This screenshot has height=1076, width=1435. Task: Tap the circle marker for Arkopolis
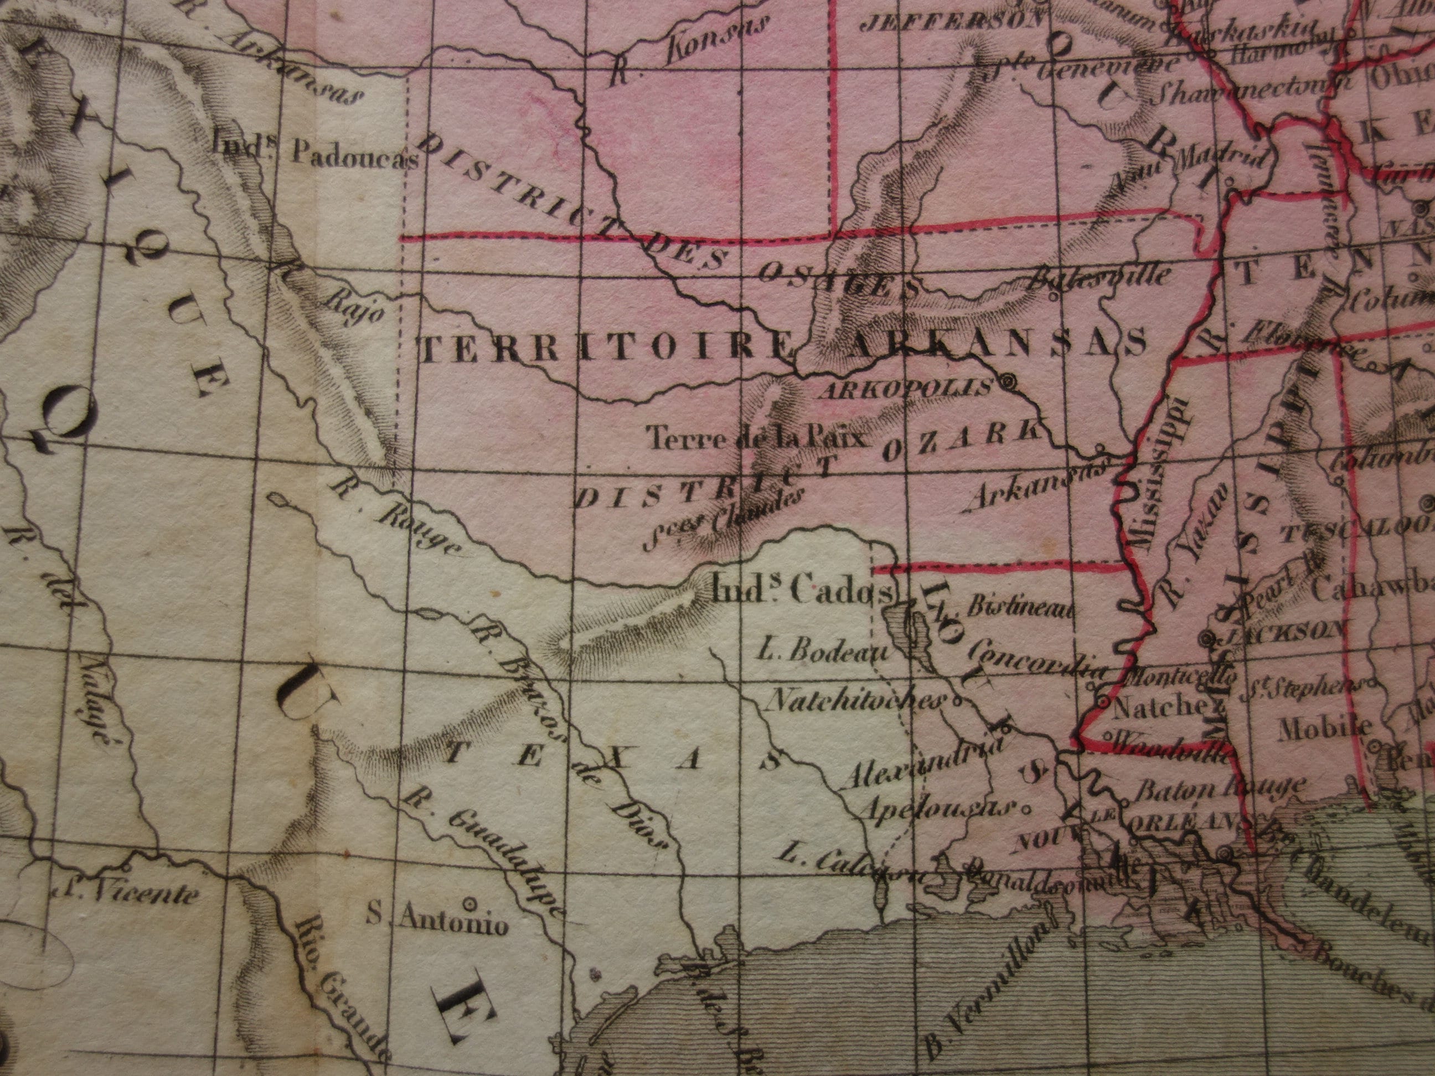(x=1008, y=382)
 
